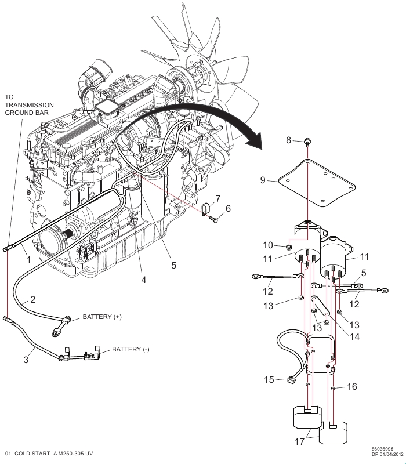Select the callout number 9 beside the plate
click(x=263, y=180)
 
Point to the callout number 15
click(x=269, y=380)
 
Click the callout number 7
click(x=217, y=199)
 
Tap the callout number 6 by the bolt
click(x=227, y=208)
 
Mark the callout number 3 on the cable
click(x=26, y=360)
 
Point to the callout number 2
click(x=33, y=300)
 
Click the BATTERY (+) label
click(x=102, y=317)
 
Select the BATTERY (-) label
click(x=130, y=349)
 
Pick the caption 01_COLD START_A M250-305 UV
click(x=49, y=452)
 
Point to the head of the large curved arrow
click(x=256, y=140)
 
